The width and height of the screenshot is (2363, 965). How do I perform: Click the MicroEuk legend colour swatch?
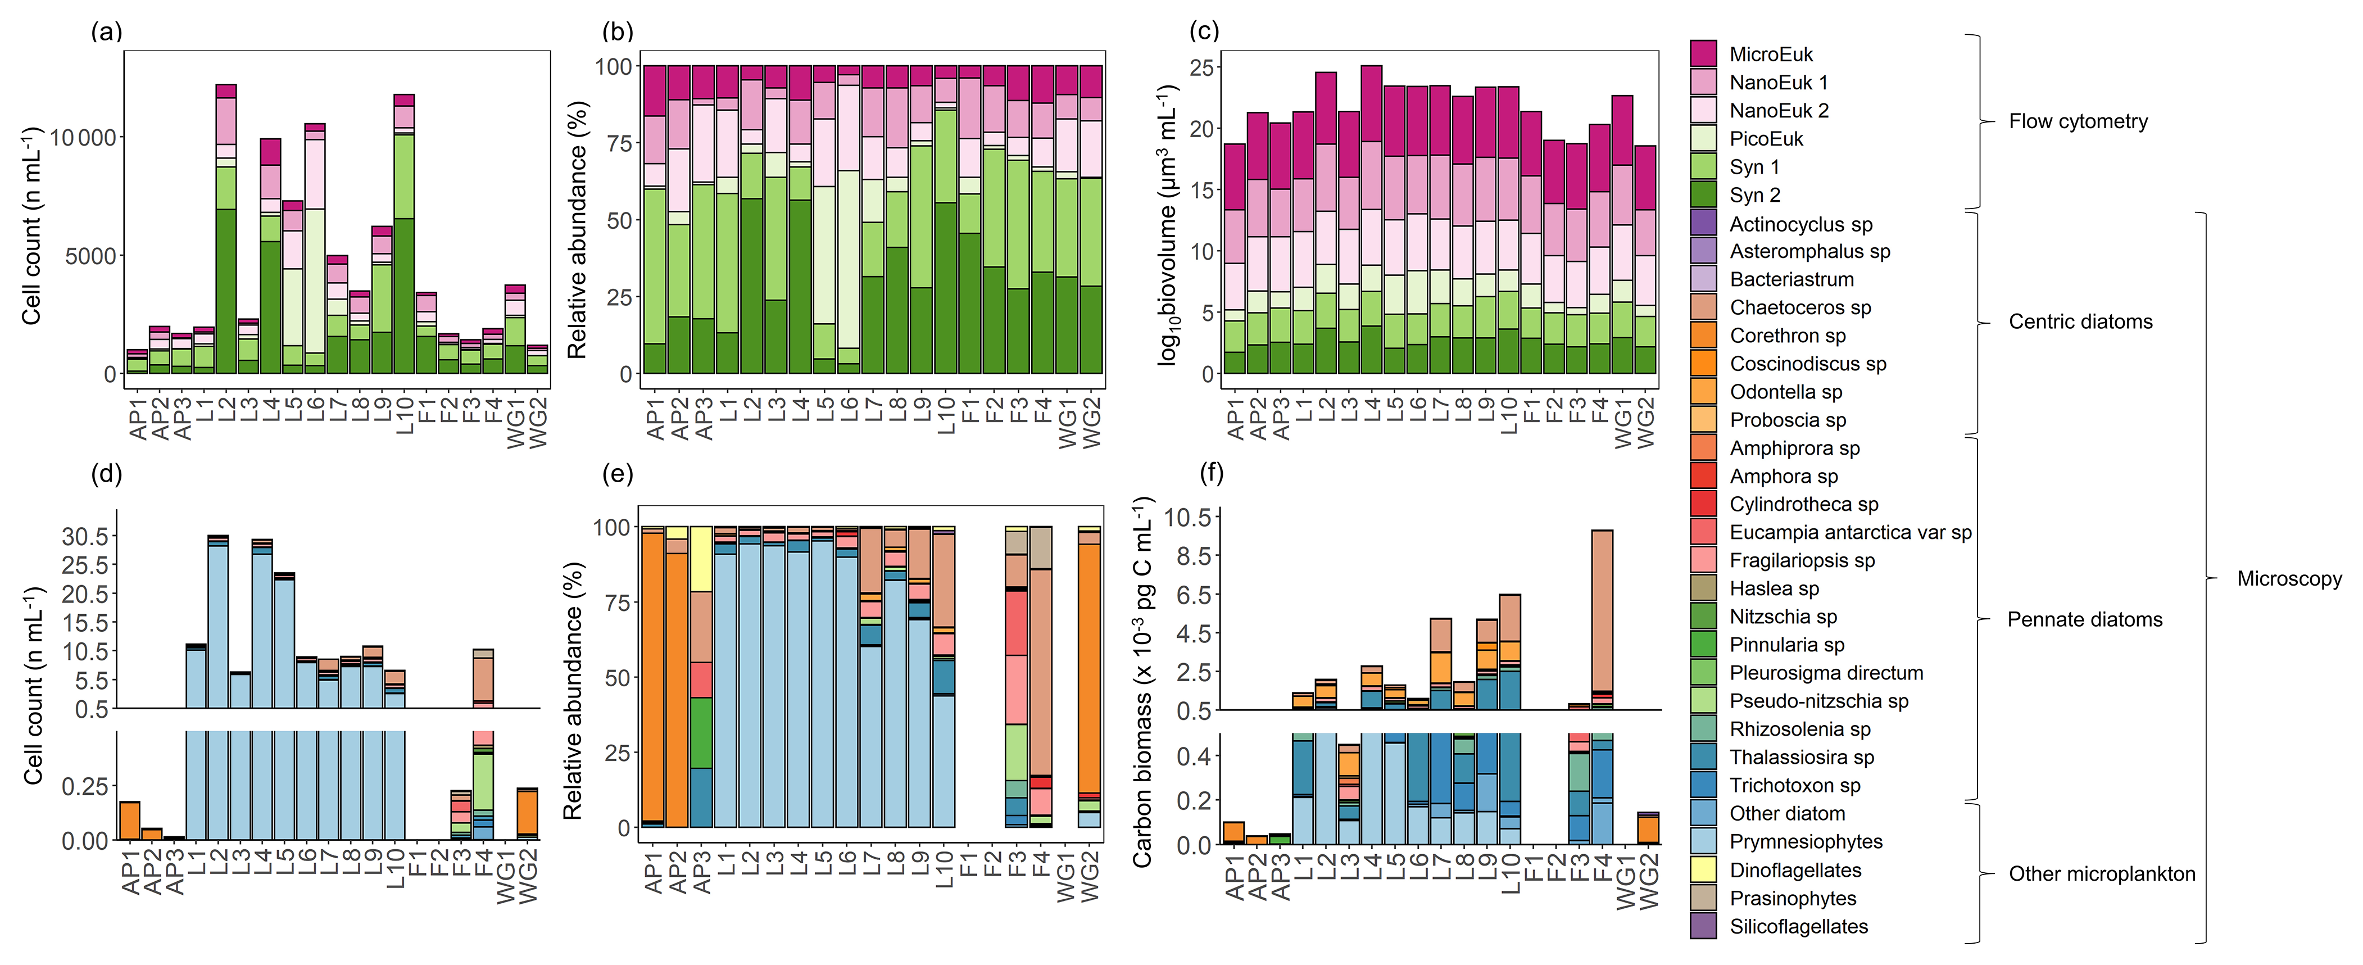click(1703, 53)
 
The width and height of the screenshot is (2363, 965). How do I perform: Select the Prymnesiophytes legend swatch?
click(1703, 841)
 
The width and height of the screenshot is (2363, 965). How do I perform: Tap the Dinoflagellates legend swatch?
click(1703, 869)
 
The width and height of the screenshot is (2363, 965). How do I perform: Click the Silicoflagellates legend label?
click(1798, 926)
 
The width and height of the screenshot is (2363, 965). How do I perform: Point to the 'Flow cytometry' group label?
click(2078, 121)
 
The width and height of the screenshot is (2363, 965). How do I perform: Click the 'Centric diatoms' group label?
click(2080, 321)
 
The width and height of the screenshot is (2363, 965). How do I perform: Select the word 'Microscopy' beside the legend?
click(2289, 579)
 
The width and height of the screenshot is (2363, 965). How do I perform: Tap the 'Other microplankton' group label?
click(2102, 873)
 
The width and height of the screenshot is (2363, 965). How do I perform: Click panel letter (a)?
click(106, 32)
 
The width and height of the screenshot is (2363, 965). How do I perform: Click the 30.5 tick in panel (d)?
click(85, 536)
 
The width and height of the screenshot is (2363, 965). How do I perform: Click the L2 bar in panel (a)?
click(226, 229)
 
